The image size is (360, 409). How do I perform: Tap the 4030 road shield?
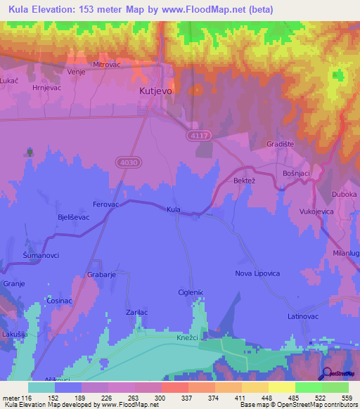click(x=126, y=162)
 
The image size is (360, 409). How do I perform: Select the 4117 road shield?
click(x=198, y=134)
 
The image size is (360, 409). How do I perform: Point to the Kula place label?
click(x=174, y=209)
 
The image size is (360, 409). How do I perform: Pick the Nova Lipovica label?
click(x=257, y=273)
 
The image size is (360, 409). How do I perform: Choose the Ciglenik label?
click(x=190, y=292)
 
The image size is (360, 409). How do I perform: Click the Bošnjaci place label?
click(x=295, y=173)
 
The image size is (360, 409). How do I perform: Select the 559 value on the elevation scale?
click(x=347, y=397)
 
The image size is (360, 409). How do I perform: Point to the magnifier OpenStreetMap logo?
click(x=326, y=372)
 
